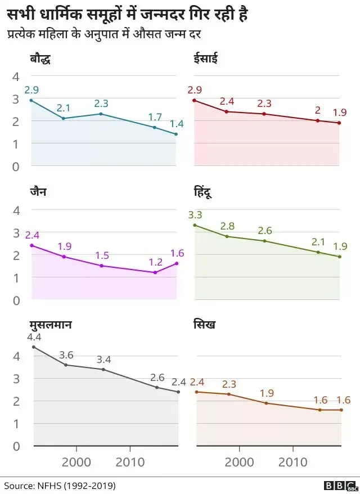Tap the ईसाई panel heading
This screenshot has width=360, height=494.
pyautogui.click(x=206, y=59)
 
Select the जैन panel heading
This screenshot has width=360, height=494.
pyautogui.click(x=38, y=191)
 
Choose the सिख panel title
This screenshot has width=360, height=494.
pyautogui.click(x=204, y=325)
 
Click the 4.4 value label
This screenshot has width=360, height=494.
pyautogui.click(x=34, y=337)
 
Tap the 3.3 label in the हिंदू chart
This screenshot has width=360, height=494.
pyautogui.click(x=195, y=214)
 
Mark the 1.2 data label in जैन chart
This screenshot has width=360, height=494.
pyautogui.click(x=155, y=262)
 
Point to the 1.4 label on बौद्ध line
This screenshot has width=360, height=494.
pyautogui.click(x=177, y=124)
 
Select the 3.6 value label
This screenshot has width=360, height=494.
pyautogui.click(x=66, y=354)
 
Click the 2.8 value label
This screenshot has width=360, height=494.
pyautogui.click(x=227, y=226)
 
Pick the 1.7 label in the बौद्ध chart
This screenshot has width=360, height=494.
pyautogui.click(x=155, y=116)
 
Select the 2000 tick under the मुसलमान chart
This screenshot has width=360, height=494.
pyautogui.click(x=75, y=462)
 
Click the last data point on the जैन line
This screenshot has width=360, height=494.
pyautogui.click(x=177, y=263)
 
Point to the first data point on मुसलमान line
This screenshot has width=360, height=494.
pyautogui.click(x=34, y=347)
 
